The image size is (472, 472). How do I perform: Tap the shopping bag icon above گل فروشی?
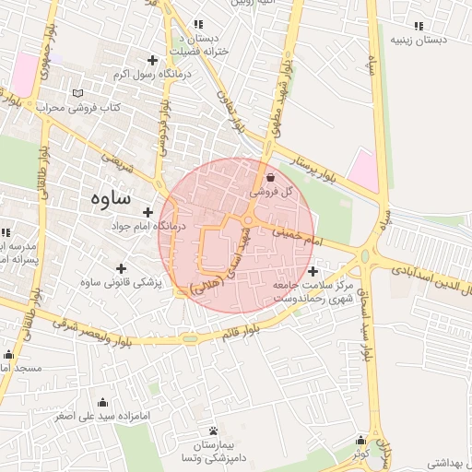pos(269,178)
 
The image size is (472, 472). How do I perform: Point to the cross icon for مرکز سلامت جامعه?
pos(314,271)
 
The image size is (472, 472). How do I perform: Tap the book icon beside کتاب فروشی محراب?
pos(77,94)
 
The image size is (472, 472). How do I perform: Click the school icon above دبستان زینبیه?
pos(419,26)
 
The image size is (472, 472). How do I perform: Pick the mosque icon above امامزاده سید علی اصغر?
pos(101,402)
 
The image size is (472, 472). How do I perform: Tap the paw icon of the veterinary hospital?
pos(214,431)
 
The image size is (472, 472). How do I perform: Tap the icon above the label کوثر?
pos(360,441)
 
